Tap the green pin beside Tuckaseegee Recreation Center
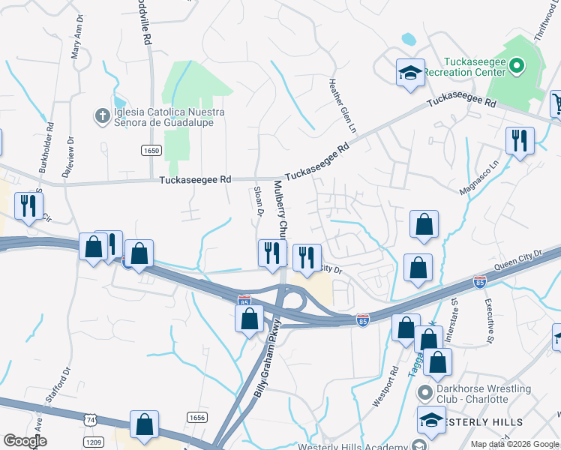[516, 67]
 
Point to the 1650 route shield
[151, 151]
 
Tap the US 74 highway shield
[91, 417]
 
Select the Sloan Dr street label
[259, 202]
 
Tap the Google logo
[25, 441]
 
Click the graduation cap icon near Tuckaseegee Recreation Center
[410, 73]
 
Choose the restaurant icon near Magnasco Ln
[519, 140]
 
